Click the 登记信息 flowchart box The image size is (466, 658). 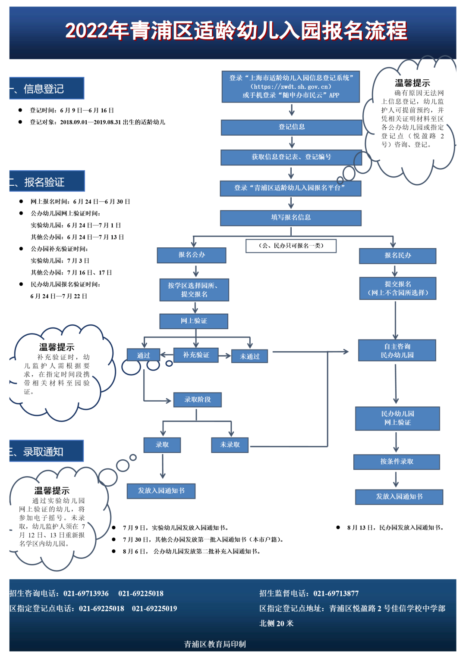tap(291, 127)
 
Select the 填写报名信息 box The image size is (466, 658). tap(290, 218)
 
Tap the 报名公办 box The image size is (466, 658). tap(192, 255)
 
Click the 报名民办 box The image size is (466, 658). tap(397, 256)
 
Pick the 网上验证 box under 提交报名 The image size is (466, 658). tap(194, 321)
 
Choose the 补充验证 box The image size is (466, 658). tap(196, 355)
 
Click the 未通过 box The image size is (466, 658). tap(249, 356)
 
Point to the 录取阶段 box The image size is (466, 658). tap(197, 399)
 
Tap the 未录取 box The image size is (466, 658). tap(230, 445)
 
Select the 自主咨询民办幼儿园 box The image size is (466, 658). tap(397, 350)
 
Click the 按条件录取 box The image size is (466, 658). tap(397, 462)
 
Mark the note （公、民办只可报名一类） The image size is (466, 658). tap(291, 246)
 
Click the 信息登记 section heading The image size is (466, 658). tap(47, 88)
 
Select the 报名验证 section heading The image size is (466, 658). tap(47, 181)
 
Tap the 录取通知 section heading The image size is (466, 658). tap(46, 451)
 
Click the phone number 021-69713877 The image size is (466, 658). tap(336, 593)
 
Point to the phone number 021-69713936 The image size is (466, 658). tap(86, 593)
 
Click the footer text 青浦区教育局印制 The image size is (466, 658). tap(215, 644)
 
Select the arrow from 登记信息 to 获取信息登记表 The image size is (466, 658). tap(292, 142)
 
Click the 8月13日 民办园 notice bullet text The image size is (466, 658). tap(395, 527)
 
